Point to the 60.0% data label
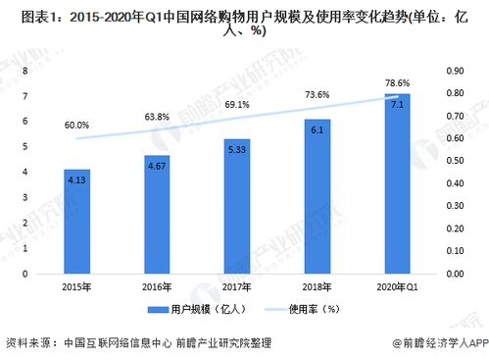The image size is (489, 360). pos(77,126)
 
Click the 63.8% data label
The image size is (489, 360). pos(157,117)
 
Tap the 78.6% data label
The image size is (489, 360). pos(397,83)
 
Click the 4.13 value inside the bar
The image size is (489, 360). pos(77,180)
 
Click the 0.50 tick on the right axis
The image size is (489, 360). pos(456,160)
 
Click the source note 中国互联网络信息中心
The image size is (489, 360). pos(111,343)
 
